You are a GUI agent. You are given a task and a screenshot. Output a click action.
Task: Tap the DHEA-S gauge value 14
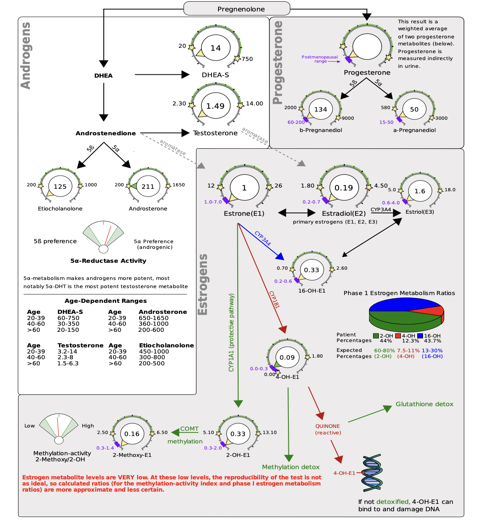216,48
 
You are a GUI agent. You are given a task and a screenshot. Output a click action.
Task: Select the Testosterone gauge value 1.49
215,106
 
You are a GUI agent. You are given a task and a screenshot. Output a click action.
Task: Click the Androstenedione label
106,133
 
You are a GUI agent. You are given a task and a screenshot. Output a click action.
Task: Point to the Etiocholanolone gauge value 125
60,186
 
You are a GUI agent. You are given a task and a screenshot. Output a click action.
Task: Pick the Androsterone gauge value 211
148,186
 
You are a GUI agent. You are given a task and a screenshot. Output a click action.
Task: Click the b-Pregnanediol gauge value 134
321,109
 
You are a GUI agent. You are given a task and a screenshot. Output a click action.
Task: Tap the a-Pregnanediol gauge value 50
414,109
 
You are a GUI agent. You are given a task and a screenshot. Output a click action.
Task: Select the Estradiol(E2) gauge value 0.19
344,188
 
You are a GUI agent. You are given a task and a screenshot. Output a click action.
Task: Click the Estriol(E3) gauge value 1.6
420,191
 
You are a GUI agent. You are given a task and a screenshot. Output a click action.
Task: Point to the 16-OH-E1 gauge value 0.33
311,270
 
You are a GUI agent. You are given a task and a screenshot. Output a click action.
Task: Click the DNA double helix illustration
372,473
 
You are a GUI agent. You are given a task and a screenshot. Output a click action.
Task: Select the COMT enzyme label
189,429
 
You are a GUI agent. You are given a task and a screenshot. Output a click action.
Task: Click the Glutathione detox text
424,404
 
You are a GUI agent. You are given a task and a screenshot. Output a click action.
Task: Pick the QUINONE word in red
327,426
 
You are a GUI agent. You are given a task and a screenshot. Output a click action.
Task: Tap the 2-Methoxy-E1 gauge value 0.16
132,434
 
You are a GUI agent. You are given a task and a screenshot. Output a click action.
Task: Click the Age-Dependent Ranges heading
106,301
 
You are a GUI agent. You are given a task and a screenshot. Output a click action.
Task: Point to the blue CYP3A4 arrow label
263,238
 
